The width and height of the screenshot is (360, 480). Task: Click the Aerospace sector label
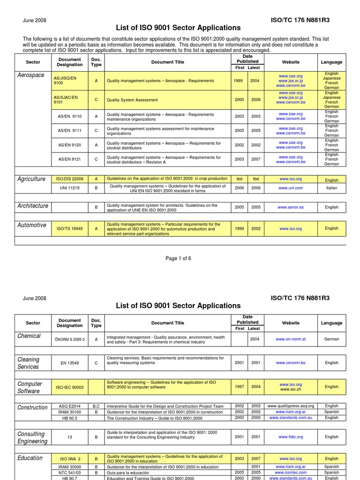click(x=31, y=75)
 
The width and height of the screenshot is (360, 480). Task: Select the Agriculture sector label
click(x=31, y=179)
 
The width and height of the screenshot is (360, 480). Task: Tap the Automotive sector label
click(x=32, y=225)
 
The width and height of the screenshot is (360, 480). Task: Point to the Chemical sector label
click(x=29, y=336)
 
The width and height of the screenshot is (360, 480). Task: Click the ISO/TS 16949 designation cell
click(x=70, y=229)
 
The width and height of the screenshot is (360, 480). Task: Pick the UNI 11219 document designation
click(x=69, y=188)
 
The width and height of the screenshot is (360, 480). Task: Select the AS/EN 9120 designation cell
click(x=69, y=145)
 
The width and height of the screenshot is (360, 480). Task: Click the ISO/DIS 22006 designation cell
click(x=70, y=179)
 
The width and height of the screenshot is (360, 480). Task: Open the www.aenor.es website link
click(x=291, y=207)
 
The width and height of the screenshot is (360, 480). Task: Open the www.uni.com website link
click(x=291, y=188)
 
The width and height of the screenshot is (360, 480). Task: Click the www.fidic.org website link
click(x=291, y=437)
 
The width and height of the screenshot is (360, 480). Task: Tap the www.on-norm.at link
click(x=291, y=339)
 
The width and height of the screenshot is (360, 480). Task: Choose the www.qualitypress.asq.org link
click(x=291, y=406)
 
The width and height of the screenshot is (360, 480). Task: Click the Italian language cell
click(x=331, y=188)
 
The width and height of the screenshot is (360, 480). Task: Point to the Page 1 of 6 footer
click(x=178, y=259)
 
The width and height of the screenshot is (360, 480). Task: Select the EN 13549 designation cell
click(x=69, y=363)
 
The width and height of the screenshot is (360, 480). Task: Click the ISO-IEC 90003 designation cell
click(x=69, y=387)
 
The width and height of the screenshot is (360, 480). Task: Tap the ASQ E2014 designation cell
click(x=69, y=406)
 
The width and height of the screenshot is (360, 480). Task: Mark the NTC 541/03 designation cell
click(x=69, y=472)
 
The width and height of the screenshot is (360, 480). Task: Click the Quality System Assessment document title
click(x=133, y=100)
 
